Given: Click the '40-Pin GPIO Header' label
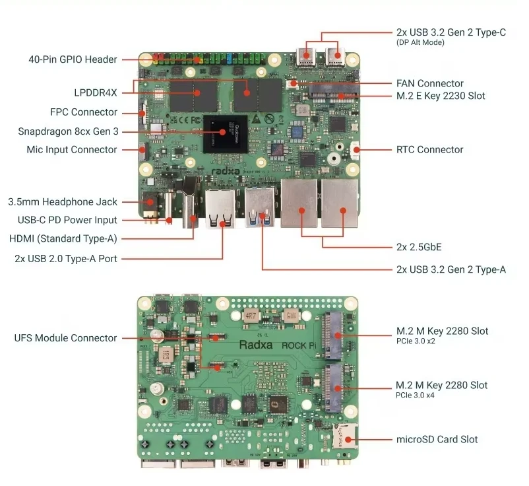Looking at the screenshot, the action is coord(73,59).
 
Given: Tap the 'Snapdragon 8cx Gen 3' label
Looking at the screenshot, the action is coord(68,131).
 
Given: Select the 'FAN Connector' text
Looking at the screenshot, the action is coord(430,83).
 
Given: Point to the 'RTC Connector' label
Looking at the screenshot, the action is coord(429,150).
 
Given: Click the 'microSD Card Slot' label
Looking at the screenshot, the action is coord(437,439).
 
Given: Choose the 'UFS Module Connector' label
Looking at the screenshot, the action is coord(65,338).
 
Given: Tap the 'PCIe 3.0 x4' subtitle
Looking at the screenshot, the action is coord(415,395).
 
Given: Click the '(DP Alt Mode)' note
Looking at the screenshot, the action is coord(420,42).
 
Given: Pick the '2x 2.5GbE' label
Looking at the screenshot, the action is coord(419,247).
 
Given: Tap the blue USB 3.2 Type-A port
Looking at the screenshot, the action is coord(260,207).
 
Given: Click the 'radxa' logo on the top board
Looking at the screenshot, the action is coord(226,171).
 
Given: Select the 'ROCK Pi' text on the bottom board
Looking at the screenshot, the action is coord(299,345).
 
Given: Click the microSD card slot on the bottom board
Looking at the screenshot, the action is coord(344,436).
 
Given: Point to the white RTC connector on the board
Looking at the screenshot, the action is coord(356,151).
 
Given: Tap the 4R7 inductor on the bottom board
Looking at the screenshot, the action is coord(251,316).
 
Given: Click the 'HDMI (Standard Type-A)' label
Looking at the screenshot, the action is coord(63,239).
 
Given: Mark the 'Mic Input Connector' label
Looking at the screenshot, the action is coord(72,150).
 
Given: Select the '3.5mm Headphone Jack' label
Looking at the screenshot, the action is coord(63,202).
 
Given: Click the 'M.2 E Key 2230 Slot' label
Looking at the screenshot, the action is coord(441,96).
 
